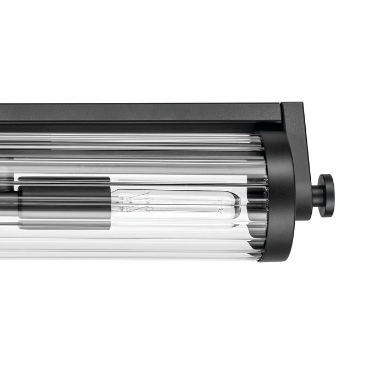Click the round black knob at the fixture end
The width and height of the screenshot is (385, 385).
click(326, 195)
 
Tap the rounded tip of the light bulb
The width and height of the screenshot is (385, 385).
click(237, 205)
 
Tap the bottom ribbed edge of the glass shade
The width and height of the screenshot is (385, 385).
click(137, 256)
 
